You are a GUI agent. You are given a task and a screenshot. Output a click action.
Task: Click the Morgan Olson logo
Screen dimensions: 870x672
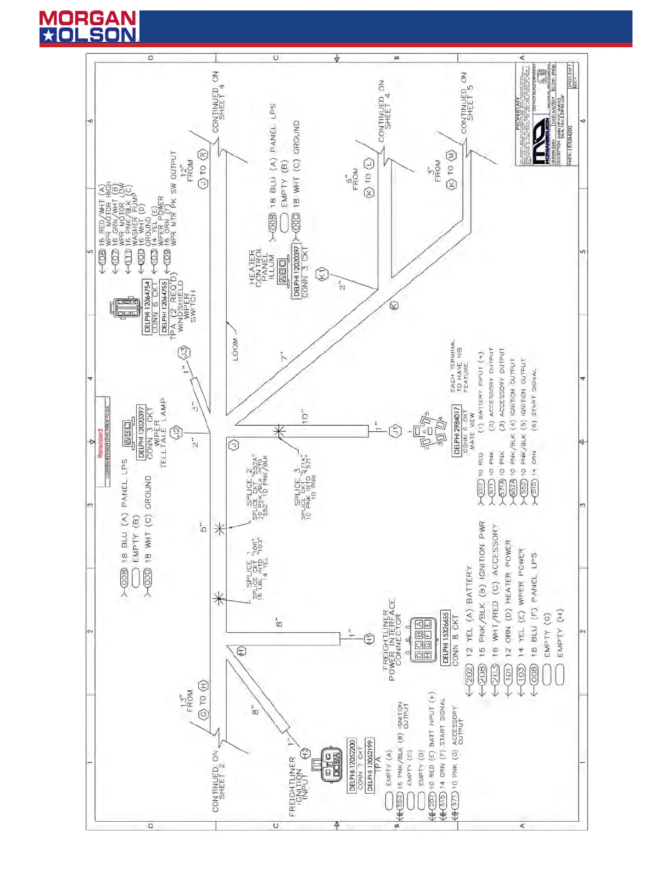(88, 27)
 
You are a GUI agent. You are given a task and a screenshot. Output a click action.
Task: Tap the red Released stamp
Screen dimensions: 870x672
(100, 443)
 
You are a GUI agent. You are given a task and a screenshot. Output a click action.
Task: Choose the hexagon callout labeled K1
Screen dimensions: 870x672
(323, 273)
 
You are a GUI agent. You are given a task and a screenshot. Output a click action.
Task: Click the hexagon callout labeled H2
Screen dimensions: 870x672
(305, 753)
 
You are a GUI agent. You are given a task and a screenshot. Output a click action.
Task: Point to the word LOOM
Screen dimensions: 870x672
(236, 349)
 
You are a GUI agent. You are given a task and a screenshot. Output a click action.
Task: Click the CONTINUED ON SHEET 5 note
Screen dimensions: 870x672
(467, 103)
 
